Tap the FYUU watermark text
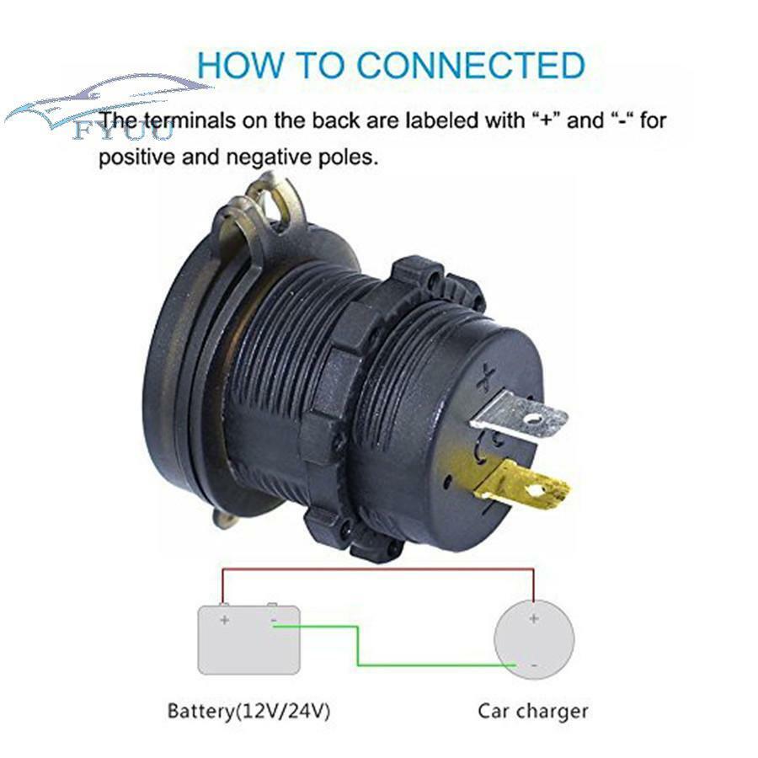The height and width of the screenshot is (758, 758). [122, 131]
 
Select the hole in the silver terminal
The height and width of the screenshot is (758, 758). [534, 418]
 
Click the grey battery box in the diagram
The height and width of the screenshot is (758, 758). [249, 638]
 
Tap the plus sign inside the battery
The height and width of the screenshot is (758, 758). [224, 619]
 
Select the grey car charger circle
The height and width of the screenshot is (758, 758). [534, 639]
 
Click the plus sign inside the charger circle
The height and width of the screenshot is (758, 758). [534, 618]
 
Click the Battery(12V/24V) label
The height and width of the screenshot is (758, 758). [248, 711]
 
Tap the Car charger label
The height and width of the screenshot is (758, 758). [533, 711]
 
